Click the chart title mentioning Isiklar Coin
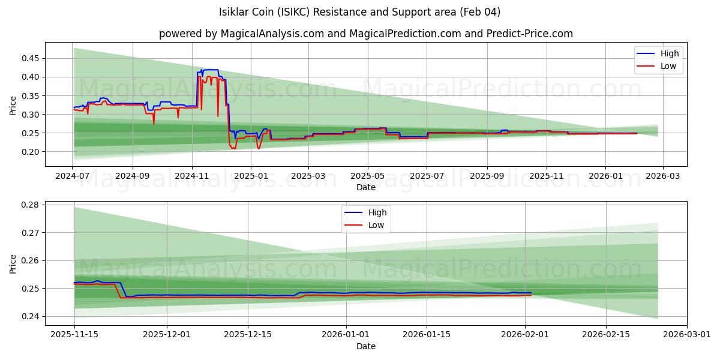(360, 12)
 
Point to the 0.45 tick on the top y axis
(30, 58)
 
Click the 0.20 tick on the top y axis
(30, 152)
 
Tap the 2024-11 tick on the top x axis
(192, 176)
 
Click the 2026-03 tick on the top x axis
(662, 176)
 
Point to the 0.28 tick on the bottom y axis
(30, 205)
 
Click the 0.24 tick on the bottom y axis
(30, 316)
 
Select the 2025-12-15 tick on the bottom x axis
(248, 335)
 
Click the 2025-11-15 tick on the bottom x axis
(74, 335)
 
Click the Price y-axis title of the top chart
(13, 104)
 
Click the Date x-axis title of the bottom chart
(366, 346)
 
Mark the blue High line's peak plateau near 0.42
(211, 70)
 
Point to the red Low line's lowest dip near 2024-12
(233, 148)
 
